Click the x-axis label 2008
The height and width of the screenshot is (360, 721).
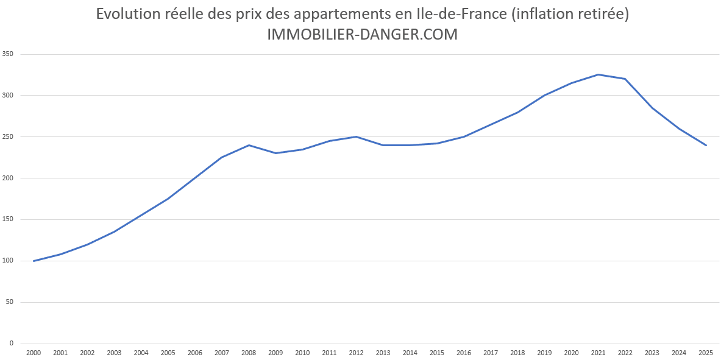click(249, 353)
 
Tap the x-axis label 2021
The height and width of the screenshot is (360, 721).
click(598, 353)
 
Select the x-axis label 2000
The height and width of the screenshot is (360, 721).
click(34, 353)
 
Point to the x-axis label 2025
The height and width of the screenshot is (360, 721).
click(706, 353)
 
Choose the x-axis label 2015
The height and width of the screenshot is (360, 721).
click(437, 353)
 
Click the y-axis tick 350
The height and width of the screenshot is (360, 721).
click(8, 54)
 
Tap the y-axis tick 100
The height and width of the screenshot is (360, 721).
click(8, 261)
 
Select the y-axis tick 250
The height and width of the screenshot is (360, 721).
click(8, 137)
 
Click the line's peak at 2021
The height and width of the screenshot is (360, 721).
click(598, 75)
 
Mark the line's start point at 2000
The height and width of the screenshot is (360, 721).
click(34, 261)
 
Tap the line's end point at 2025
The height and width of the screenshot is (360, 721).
click(706, 145)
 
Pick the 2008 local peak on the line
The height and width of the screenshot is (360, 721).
click(249, 145)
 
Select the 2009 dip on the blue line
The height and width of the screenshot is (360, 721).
click(275, 153)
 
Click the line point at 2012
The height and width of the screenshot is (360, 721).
click(356, 136)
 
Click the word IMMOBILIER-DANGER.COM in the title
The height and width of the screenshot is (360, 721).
click(362, 35)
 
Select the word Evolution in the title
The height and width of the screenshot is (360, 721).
click(127, 14)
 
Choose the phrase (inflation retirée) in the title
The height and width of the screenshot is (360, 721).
click(570, 14)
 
